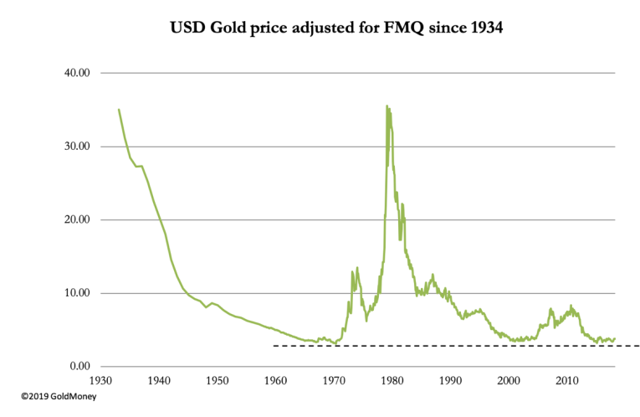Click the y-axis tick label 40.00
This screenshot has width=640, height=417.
(x=76, y=73)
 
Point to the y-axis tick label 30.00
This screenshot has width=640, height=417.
(x=76, y=147)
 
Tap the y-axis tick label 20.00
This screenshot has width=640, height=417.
(x=76, y=220)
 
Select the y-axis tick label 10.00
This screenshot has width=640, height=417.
(x=76, y=293)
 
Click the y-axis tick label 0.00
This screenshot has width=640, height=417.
(x=79, y=367)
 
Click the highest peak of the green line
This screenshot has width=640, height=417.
(x=387, y=106)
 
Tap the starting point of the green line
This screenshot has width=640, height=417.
(x=119, y=109)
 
